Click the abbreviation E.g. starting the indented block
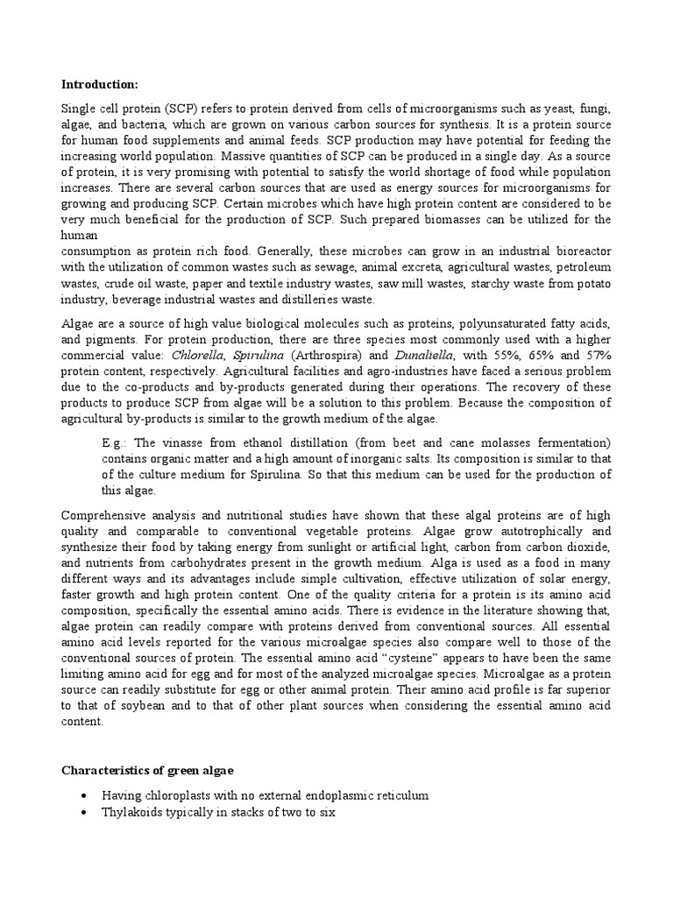click(114, 442)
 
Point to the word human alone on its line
click(77, 234)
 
